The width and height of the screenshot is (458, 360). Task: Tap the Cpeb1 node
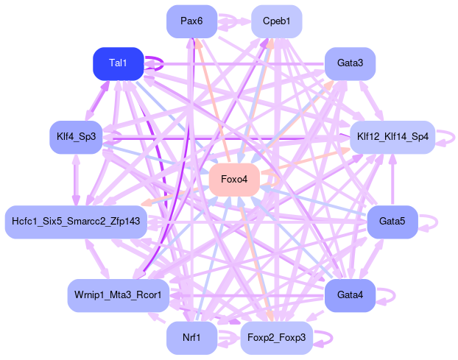pos(276,21)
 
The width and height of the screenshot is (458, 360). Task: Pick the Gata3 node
pos(350,63)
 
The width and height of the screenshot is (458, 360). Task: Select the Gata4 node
pos(350,295)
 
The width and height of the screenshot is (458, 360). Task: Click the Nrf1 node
pos(191,338)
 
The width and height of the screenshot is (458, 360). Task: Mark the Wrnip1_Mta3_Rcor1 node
pos(119,295)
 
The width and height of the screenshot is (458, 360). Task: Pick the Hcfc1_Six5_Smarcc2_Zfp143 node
pos(76,222)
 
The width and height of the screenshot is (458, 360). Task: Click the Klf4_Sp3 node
pos(76,137)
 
